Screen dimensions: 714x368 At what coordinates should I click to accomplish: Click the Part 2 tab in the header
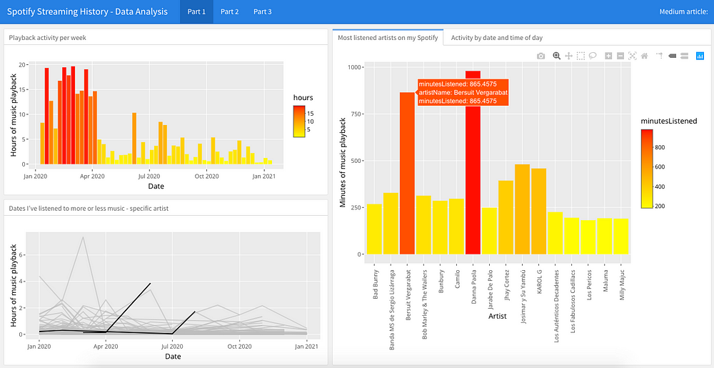(x=229, y=12)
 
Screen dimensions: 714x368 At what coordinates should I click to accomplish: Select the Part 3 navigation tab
(x=262, y=12)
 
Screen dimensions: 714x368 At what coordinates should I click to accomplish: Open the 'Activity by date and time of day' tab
(x=497, y=38)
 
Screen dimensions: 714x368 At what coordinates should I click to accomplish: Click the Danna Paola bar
(x=473, y=163)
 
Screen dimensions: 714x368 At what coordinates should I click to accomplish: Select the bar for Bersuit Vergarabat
(x=407, y=173)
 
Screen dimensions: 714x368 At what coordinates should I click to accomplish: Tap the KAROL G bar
(x=538, y=212)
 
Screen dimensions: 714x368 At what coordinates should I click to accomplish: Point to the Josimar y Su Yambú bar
(x=522, y=209)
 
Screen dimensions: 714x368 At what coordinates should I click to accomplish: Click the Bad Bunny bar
(x=374, y=229)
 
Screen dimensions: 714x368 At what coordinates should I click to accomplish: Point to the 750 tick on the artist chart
(x=355, y=114)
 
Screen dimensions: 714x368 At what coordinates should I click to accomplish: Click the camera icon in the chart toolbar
(x=540, y=56)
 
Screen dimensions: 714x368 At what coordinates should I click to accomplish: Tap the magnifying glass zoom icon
(x=556, y=56)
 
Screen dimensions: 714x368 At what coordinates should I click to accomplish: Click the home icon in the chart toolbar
(x=644, y=56)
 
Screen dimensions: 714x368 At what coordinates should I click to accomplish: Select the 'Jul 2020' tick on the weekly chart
(x=150, y=176)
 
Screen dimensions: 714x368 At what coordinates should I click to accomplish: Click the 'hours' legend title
(x=302, y=97)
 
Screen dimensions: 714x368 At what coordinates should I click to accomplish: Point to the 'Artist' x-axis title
(x=497, y=315)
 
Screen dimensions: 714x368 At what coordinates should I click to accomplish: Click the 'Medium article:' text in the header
(x=683, y=12)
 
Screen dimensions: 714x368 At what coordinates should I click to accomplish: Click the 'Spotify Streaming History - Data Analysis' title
(x=87, y=12)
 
